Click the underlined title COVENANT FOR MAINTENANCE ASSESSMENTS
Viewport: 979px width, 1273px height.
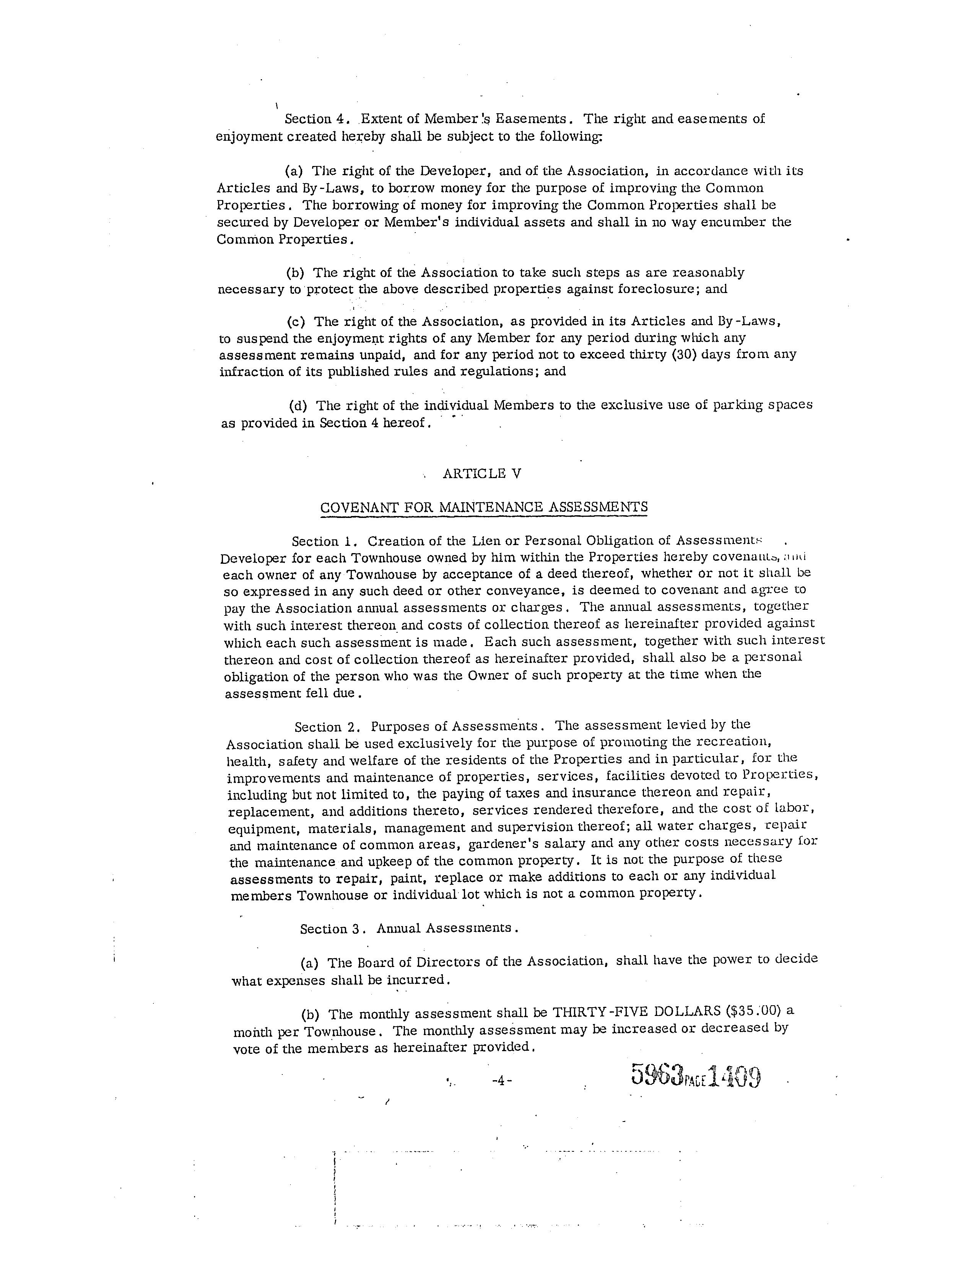coord(484,507)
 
